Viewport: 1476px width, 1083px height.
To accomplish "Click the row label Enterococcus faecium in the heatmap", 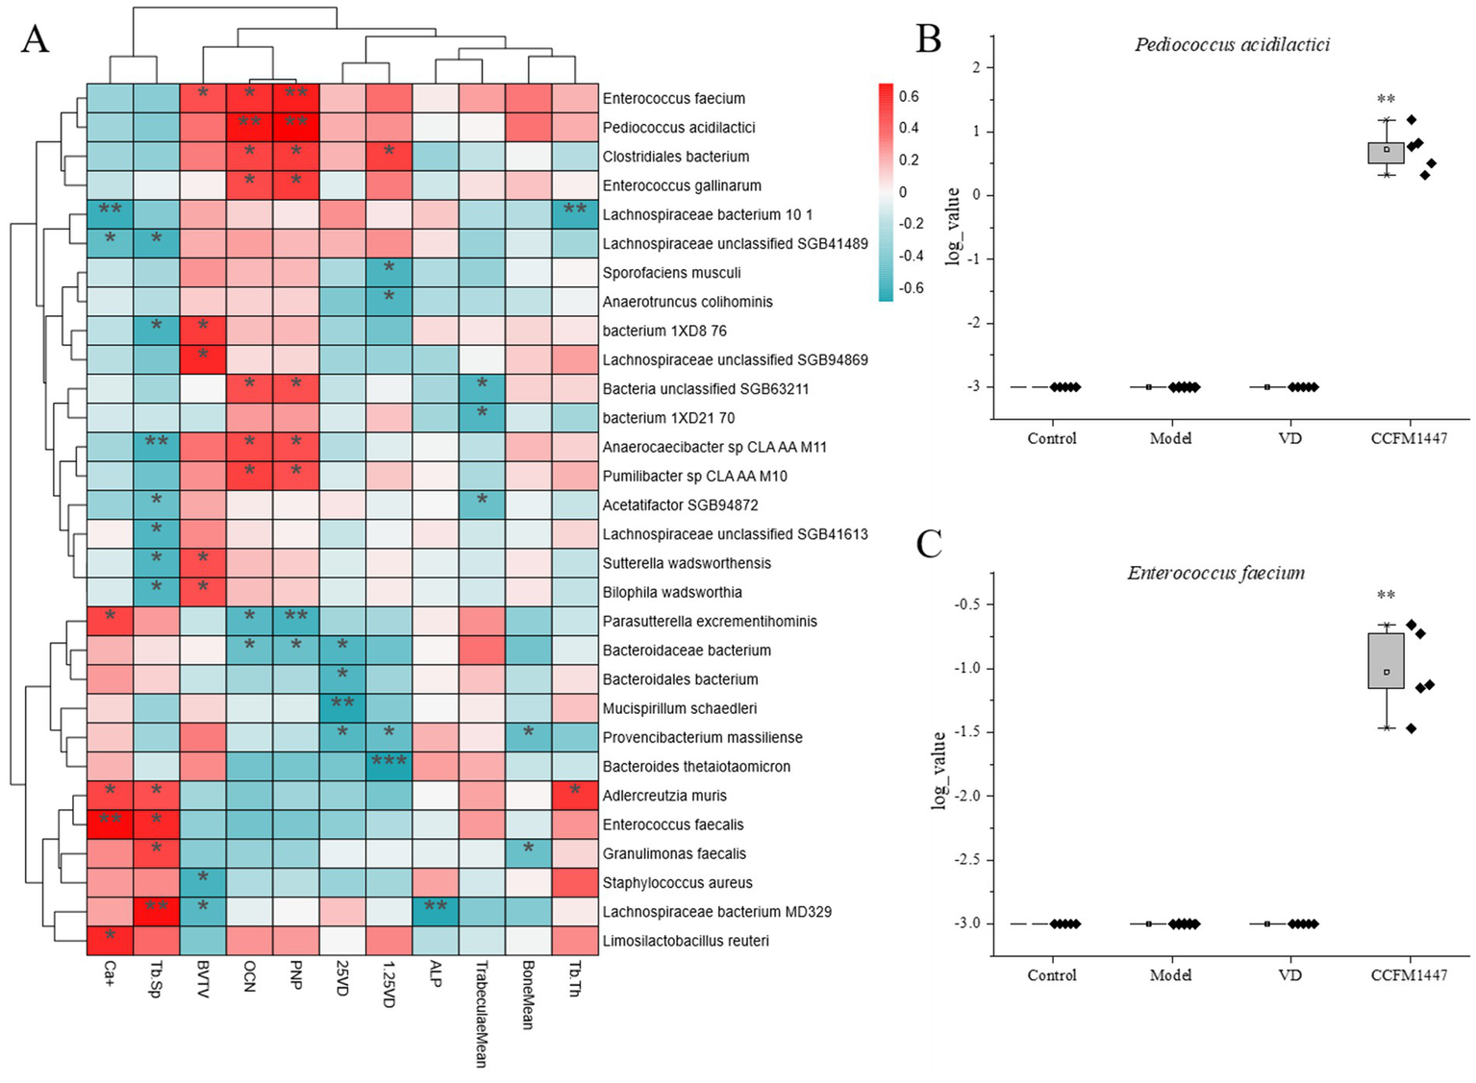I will (x=673, y=98).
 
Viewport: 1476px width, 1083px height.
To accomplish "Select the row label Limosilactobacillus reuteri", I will (x=686, y=941).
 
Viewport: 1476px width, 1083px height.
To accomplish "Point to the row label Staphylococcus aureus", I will (x=677, y=883).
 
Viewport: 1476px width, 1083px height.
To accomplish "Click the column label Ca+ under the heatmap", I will (x=109, y=974).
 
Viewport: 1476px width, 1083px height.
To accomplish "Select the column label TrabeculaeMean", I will (x=481, y=1014).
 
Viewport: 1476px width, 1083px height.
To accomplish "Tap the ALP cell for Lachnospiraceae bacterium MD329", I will (x=435, y=912).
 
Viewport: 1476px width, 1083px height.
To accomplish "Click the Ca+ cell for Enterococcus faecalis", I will (x=110, y=825).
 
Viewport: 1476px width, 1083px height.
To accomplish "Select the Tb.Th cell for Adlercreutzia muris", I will (x=574, y=796).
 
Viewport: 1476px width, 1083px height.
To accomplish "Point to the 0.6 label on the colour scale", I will (x=909, y=96).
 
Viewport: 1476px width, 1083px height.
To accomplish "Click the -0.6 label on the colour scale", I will (x=909, y=287).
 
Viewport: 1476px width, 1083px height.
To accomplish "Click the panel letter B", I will (x=929, y=39).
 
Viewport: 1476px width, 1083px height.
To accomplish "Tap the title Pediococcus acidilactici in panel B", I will (x=1232, y=45).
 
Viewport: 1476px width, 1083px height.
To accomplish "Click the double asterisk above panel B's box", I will (x=1386, y=99).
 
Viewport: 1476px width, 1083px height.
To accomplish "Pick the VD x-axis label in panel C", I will (x=1289, y=975).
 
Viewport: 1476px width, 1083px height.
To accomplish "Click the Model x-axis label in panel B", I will (x=1170, y=439).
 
